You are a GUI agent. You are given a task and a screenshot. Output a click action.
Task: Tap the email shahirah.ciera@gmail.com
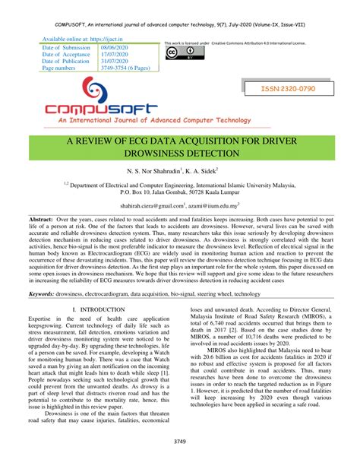pos(153,204)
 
